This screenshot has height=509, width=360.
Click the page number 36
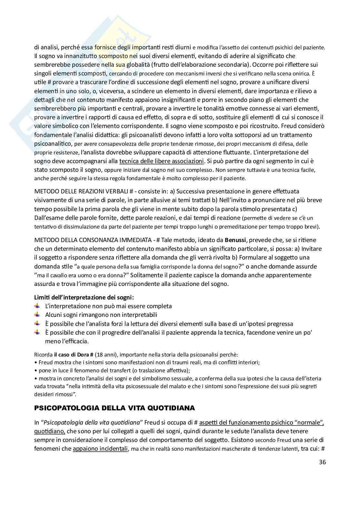322,462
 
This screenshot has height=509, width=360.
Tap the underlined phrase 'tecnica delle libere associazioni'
162,161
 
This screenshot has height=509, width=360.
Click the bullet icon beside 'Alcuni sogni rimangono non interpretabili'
37,315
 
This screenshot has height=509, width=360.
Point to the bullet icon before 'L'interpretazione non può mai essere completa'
37,306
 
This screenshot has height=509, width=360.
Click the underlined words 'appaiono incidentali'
100,448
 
